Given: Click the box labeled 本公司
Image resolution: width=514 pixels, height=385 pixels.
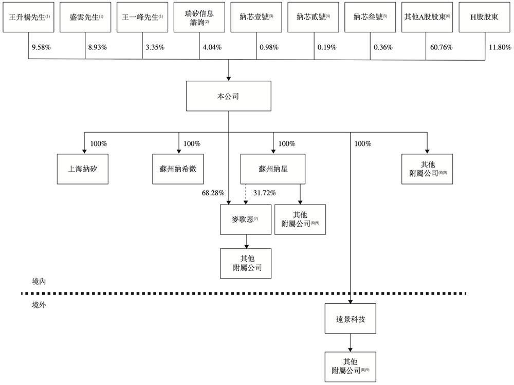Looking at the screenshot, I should tap(228, 96).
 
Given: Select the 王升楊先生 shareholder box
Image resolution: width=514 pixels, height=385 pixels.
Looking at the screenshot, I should tap(28, 17).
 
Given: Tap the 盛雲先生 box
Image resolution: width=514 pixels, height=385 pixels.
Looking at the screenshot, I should tap(85, 17).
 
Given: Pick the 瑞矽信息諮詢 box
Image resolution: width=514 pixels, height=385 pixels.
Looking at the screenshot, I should tap(199, 17).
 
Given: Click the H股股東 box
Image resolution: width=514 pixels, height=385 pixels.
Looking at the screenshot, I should tap(484, 17).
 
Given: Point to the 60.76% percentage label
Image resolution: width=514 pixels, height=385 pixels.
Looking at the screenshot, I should tap(440, 47).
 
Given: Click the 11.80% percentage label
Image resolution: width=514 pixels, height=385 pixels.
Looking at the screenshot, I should tap(499, 47).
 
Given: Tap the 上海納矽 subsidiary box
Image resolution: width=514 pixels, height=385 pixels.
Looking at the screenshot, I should tap(83, 169).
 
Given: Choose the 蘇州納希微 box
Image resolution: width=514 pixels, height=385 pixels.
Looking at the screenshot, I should tap(178, 169).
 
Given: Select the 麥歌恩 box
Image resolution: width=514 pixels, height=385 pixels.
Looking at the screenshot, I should tap(245, 219).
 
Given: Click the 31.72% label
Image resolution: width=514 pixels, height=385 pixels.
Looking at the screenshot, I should tap(264, 193).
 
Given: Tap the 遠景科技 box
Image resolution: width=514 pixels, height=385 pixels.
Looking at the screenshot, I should tap(351, 319).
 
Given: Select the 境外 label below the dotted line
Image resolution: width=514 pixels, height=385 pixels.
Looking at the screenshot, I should tap(39, 305).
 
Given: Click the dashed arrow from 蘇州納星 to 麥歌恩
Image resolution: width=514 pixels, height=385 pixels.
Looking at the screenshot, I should tap(245, 194).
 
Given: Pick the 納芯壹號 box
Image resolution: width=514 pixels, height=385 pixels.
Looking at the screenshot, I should tap(256, 17).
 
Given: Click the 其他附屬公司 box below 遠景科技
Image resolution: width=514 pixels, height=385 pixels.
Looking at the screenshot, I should tap(351, 366).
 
